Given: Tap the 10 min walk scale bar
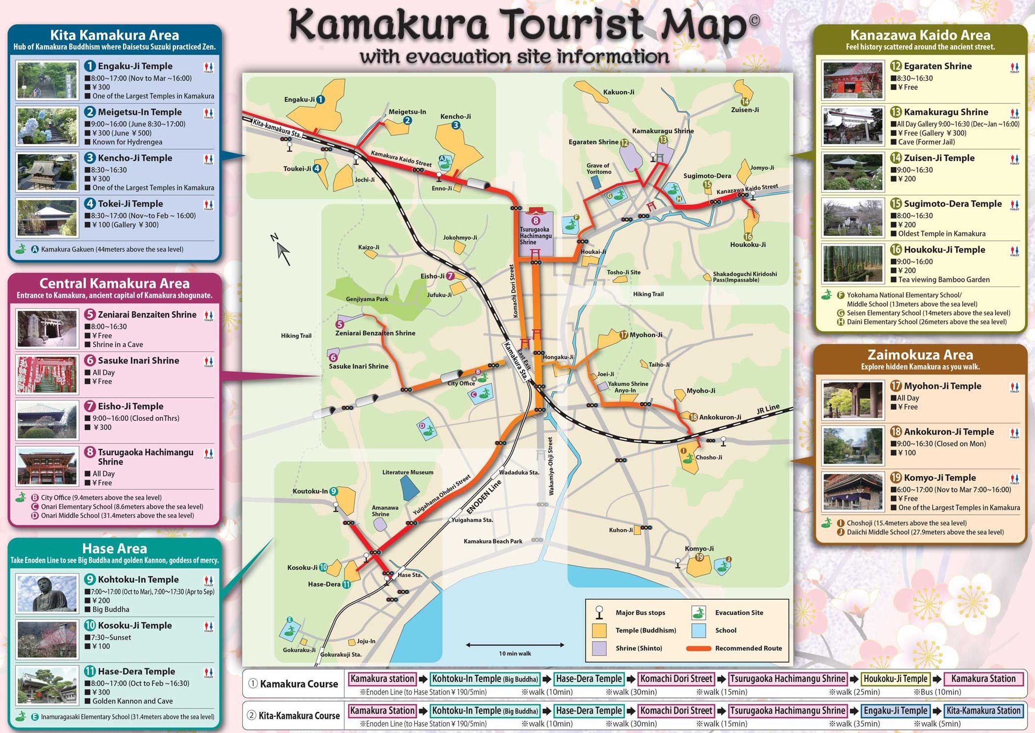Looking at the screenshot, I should coord(515,645).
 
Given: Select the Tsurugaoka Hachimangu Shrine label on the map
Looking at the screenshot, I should coord(535,236).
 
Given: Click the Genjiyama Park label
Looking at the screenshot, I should coord(367,299).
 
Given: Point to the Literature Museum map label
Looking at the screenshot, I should coord(407,472).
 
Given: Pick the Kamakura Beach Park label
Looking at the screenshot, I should coord(493,541).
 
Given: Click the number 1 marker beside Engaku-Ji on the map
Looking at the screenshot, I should coord(320,99).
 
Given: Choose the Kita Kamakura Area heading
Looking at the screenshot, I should coord(114,35).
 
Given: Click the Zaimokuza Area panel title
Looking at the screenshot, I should coord(920,355).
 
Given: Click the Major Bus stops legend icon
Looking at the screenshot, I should coord(599,612).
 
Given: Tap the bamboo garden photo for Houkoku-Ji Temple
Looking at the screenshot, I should coord(853,263).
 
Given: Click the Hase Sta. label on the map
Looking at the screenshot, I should coord(410,574).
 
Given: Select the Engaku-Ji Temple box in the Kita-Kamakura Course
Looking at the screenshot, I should coord(895,710).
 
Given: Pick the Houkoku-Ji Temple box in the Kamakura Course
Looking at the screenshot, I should coord(895,678).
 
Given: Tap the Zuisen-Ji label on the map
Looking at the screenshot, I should coord(744,110).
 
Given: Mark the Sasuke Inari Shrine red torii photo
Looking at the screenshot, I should coord(47,375).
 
